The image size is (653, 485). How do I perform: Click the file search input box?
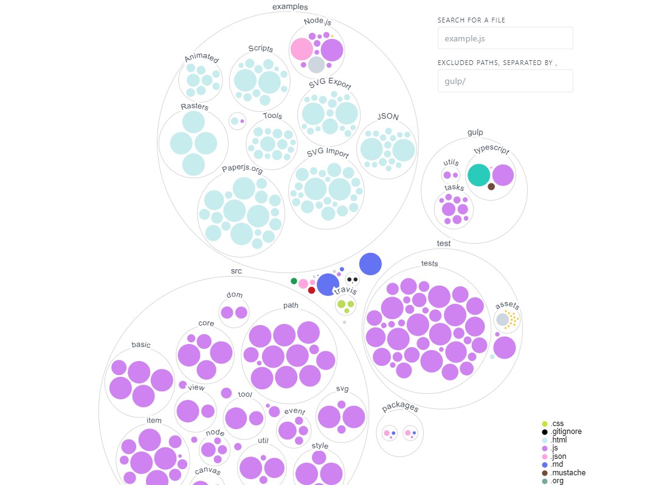pyautogui.click(x=505, y=38)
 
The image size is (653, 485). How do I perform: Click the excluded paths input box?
pyautogui.click(x=505, y=81)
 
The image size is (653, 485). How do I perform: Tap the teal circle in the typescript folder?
pyautogui.click(x=479, y=175)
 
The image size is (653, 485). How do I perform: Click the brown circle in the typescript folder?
pyautogui.click(x=491, y=187)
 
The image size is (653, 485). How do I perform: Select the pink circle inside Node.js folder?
pyautogui.click(x=302, y=49)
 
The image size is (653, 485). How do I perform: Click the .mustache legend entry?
pyautogui.click(x=564, y=473)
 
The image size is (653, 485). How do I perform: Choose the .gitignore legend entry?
pyautogui.click(x=562, y=432)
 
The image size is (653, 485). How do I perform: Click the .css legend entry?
pyautogui.click(x=553, y=424)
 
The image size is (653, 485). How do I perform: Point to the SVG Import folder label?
pyautogui.click(x=328, y=153)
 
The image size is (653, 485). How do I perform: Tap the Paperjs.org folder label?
pyautogui.click(x=243, y=169)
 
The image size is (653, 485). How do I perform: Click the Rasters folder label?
pyautogui.click(x=195, y=106)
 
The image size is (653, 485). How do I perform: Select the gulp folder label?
pyautogui.click(x=475, y=132)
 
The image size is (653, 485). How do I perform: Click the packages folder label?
pyautogui.click(x=400, y=407)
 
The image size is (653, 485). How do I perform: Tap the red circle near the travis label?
pyautogui.click(x=311, y=290)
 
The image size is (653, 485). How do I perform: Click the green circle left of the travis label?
pyautogui.click(x=294, y=281)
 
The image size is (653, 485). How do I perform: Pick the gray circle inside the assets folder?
pyautogui.click(x=503, y=320)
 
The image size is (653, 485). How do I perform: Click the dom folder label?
pyautogui.click(x=235, y=295)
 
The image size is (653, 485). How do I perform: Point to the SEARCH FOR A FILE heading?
pyautogui.click(x=471, y=20)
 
